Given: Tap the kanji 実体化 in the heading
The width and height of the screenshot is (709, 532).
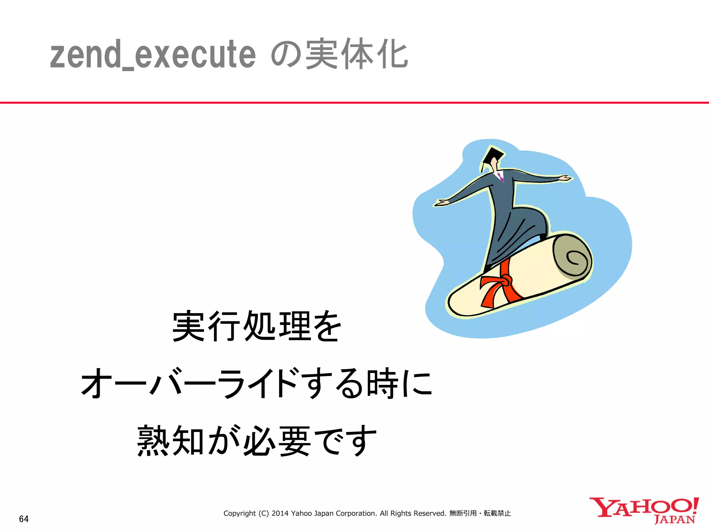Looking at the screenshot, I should point(357,54).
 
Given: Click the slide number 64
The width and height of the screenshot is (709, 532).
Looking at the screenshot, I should point(24,519).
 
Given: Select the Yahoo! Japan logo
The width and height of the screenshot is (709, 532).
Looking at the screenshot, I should point(644,510).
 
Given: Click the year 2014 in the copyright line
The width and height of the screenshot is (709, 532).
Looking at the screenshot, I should point(280,513).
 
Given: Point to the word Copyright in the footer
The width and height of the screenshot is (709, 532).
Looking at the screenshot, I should point(240,513).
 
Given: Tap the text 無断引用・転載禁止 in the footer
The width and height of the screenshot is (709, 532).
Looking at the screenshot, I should point(480,513).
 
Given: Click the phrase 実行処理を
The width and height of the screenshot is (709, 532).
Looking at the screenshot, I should point(257,326).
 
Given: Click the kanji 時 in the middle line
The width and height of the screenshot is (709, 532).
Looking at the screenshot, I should point(382,383).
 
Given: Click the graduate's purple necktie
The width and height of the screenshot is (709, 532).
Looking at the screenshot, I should point(501,177).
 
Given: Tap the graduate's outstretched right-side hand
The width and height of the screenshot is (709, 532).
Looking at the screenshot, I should point(564,178).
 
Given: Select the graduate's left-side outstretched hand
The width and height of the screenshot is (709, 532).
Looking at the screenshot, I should point(441,203).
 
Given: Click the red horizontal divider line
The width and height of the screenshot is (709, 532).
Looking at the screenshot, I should point(354,103).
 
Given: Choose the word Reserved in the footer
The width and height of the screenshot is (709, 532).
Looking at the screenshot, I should point(429,513).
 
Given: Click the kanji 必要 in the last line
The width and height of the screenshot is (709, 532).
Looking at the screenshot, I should point(277,441).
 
